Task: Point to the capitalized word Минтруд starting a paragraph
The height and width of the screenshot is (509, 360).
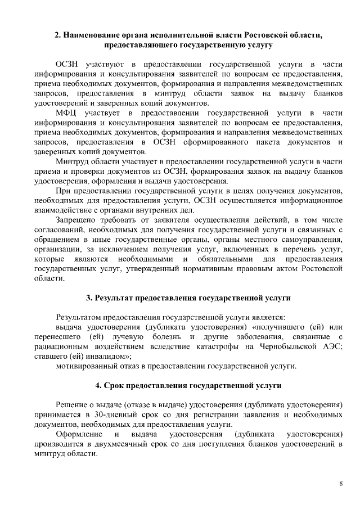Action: tap(73, 162)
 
